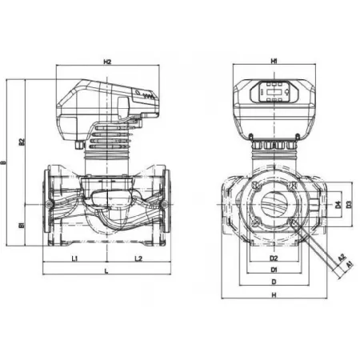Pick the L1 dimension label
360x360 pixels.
74,258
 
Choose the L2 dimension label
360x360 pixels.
138,258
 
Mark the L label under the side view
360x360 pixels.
106,273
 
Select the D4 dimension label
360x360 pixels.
337,206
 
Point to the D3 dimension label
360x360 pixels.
349,206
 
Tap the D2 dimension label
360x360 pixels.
273,258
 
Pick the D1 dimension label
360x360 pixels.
273,270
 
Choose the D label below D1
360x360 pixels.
273,282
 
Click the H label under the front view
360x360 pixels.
273,296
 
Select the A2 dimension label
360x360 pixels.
341,256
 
